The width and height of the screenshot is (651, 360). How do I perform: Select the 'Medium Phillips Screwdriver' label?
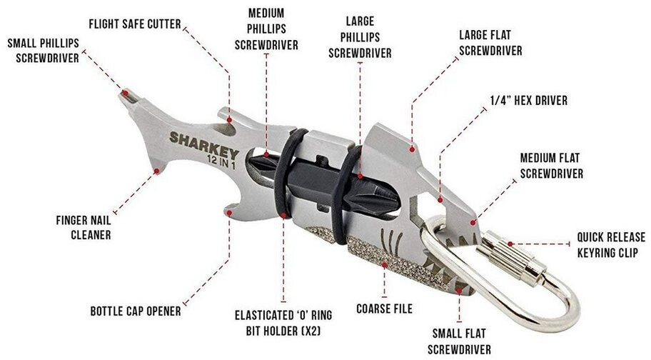(266, 29)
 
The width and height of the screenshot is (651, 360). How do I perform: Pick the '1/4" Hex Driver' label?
(530, 101)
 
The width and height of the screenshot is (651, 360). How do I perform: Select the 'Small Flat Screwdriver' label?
(460, 340)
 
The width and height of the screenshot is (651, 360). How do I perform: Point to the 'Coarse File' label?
(384, 309)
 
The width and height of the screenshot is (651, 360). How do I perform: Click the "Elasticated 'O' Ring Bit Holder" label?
(283, 321)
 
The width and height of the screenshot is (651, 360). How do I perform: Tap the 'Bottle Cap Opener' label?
(136, 311)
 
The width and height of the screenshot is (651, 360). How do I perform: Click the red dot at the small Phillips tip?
(125, 92)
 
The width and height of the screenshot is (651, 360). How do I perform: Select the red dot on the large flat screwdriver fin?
(413, 149)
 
